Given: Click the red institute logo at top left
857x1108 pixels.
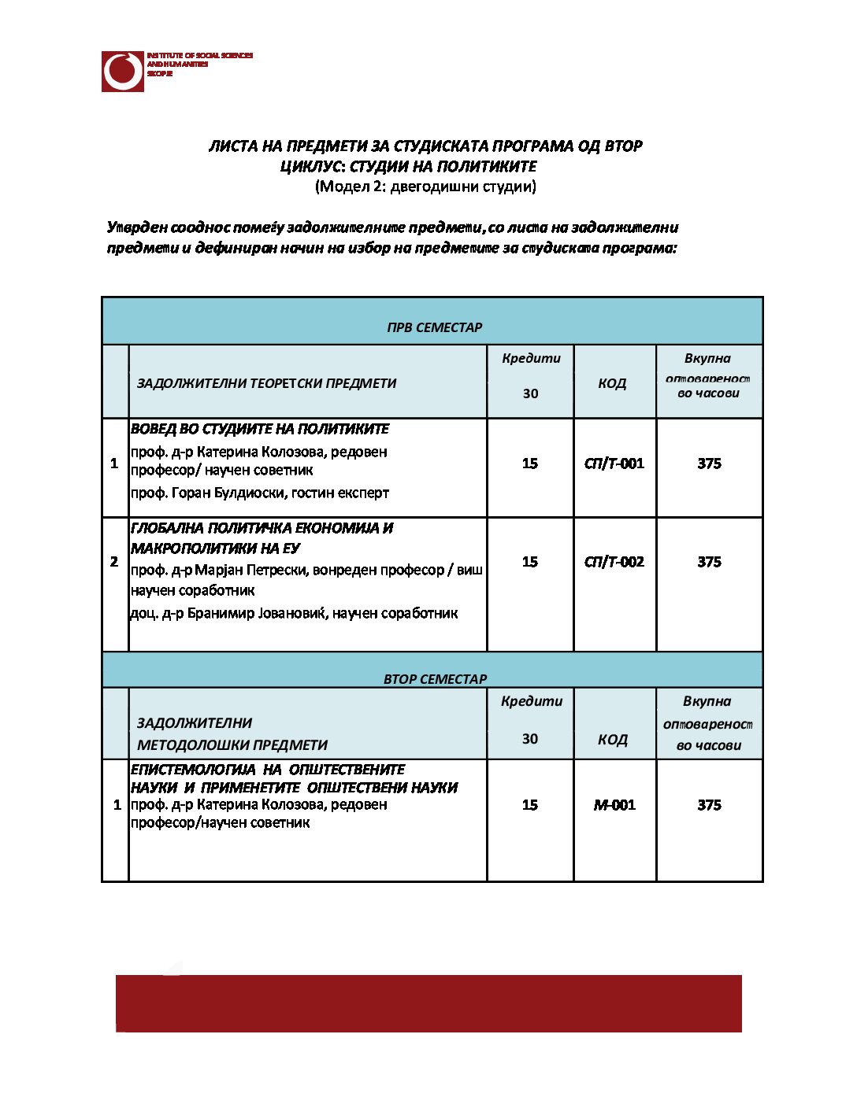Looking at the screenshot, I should [x=123, y=72].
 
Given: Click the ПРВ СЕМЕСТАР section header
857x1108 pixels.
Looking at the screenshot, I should [x=434, y=327].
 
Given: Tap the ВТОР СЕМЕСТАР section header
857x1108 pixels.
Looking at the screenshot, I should [x=435, y=678].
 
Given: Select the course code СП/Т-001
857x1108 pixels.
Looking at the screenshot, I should [x=614, y=464].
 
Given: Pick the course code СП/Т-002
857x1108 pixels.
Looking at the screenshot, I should [x=614, y=562].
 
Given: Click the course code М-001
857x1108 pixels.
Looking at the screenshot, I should [x=614, y=805].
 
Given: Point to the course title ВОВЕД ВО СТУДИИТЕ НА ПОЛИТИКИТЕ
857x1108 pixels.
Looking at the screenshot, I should [x=260, y=429].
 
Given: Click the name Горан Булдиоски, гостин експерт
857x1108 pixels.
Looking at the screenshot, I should [x=260, y=493].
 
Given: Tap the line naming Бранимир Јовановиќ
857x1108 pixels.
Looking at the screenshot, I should [x=294, y=613].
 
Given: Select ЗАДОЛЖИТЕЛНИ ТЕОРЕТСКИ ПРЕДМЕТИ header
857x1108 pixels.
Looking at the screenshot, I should [x=266, y=383].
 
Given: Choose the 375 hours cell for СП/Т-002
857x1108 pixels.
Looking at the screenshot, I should [x=709, y=562].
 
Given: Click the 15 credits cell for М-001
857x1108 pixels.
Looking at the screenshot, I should [x=530, y=805].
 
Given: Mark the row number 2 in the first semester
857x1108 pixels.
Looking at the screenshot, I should [x=114, y=562].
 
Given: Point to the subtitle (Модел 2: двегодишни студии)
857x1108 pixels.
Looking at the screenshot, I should [x=425, y=187].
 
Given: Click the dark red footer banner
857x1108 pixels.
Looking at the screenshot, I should [x=428, y=1003].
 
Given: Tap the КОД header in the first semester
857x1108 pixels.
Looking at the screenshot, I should [x=612, y=383].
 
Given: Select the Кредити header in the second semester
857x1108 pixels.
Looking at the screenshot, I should [x=532, y=701].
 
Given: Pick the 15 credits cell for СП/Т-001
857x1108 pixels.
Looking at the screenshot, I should [x=530, y=464].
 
